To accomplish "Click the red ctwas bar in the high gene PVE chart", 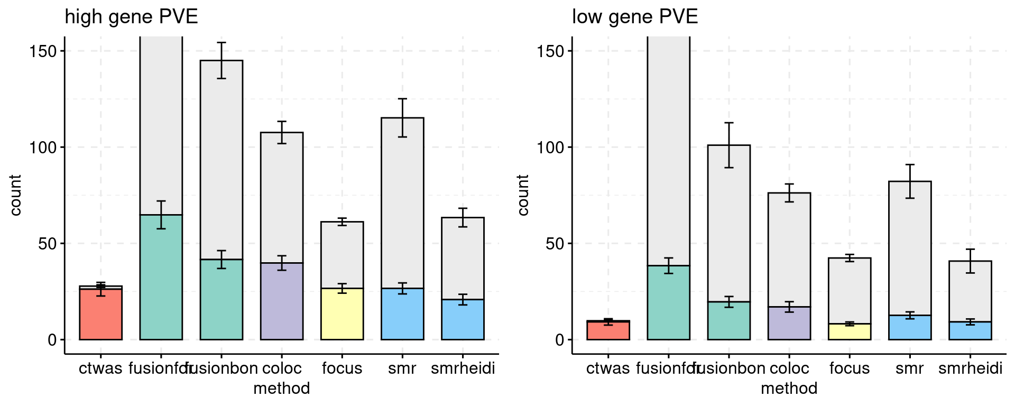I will click(100, 315).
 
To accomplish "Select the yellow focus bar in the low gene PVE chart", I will click(849, 331).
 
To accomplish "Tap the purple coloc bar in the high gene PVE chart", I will click(282, 301).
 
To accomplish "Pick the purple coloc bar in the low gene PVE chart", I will click(789, 323).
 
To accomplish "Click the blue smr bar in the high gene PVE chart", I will click(402, 314).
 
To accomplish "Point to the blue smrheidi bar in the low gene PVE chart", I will click(970, 330).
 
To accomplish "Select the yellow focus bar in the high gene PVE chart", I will click(342, 314).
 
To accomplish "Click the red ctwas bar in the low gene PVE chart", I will click(608, 330).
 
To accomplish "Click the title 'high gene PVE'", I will click(131, 17).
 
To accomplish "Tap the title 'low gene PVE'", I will click(635, 17).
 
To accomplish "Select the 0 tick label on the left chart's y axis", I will click(52, 340).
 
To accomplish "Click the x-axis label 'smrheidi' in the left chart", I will click(463, 368).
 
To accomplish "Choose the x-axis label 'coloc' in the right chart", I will click(789, 368).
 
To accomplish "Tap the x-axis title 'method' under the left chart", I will click(281, 389).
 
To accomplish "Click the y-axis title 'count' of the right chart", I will click(523, 195).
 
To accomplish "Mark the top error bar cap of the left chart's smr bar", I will click(402, 99).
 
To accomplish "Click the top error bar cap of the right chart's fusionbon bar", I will click(728, 123).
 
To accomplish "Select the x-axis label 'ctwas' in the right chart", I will click(608, 368).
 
